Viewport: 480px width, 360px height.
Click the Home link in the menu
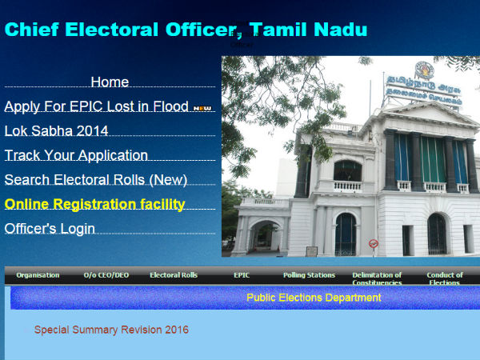pos(110,82)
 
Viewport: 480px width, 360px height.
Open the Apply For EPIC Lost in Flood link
pos(96,106)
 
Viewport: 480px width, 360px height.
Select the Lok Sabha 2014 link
pos(56,131)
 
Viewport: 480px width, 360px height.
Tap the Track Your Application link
pos(76,155)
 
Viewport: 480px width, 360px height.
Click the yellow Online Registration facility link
pos(94,204)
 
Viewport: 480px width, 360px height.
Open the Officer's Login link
pos(50,229)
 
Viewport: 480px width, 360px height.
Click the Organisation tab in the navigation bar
pos(38,275)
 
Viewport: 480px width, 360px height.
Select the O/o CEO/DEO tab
pos(106,275)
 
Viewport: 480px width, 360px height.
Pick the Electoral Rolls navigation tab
pos(173,275)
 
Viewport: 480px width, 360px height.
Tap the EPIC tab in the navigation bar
pos(242,275)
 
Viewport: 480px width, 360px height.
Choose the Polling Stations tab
pos(309,275)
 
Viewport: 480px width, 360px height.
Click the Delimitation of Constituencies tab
pos(377,278)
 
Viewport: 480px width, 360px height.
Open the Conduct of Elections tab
pos(444,278)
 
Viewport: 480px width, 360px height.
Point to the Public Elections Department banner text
pos(314,298)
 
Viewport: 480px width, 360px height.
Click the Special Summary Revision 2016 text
pos(111,330)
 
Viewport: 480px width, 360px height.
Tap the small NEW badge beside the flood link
pos(202,108)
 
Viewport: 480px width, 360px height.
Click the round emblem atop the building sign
pos(423,70)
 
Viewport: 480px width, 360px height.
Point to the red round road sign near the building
pos(373,243)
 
